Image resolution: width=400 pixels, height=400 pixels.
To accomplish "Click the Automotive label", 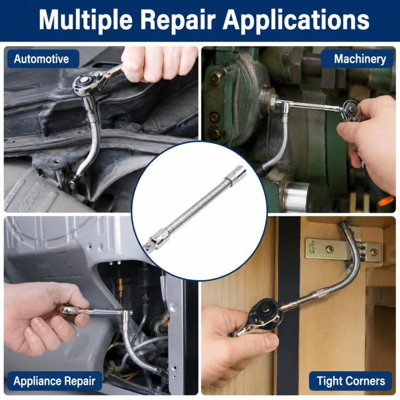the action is click(x=41, y=59).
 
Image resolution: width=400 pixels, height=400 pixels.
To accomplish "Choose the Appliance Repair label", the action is click(x=54, y=381).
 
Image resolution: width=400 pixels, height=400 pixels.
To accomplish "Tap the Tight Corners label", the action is click(x=351, y=381).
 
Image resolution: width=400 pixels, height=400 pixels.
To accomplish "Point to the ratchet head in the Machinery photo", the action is click(x=350, y=110).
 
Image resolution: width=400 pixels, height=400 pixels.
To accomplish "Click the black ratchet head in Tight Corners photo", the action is click(x=265, y=313).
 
